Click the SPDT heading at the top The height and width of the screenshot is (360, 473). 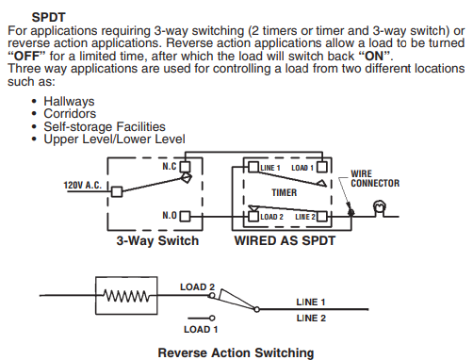[x=48, y=17]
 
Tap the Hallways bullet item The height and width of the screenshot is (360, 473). [x=69, y=101]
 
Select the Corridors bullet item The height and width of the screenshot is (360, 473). [x=70, y=113]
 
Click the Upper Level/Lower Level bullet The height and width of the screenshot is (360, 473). [x=114, y=139]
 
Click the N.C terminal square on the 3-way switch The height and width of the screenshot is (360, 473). [x=185, y=167]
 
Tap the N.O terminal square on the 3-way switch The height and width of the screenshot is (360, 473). [x=185, y=217]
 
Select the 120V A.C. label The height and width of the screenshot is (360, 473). [x=83, y=186]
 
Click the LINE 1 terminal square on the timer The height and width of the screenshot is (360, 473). [x=253, y=167]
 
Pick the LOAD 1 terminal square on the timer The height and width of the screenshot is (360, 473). [x=321, y=167]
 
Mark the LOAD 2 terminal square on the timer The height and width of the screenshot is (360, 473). [x=253, y=217]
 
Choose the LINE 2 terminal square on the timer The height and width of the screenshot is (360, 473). [x=321, y=217]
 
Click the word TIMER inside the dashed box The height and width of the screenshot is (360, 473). [x=285, y=192]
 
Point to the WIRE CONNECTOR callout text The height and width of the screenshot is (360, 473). [x=375, y=178]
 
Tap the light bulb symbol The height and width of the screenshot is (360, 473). [x=380, y=209]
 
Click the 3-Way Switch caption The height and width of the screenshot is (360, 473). [x=157, y=241]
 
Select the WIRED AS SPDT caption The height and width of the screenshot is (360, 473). [x=285, y=241]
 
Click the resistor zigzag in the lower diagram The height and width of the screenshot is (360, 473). [x=126, y=296]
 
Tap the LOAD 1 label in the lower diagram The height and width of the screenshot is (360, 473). [x=201, y=329]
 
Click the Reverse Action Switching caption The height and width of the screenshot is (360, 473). [x=236, y=352]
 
